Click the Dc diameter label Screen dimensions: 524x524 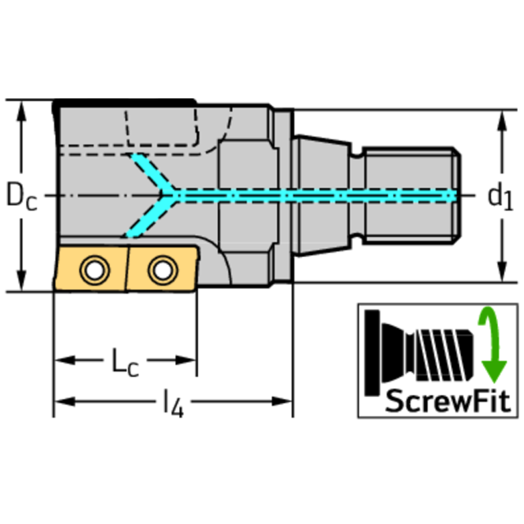coord(22,196)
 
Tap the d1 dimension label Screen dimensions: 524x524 coord(500,197)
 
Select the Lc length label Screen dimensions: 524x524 coord(125,362)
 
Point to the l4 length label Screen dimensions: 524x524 coord(173,402)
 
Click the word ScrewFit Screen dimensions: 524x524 coord(447,401)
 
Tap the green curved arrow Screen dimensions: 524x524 coord(492,344)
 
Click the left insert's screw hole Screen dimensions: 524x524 coord(94,270)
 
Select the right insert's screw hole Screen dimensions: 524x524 coord(163,270)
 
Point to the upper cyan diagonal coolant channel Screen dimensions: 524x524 coord(152,173)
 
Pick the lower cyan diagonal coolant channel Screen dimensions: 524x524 coord(150,217)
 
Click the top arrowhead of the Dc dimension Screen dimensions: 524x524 coord(21,111)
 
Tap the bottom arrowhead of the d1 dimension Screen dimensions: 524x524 coord(502,271)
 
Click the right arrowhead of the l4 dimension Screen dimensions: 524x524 coord(282,401)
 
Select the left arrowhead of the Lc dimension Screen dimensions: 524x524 coord(65,360)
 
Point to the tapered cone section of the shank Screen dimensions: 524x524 coord(322,196)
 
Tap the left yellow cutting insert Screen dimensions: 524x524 coord(91,268)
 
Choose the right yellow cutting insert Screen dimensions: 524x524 coord(163,268)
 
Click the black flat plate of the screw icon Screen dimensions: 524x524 coord(372,353)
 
